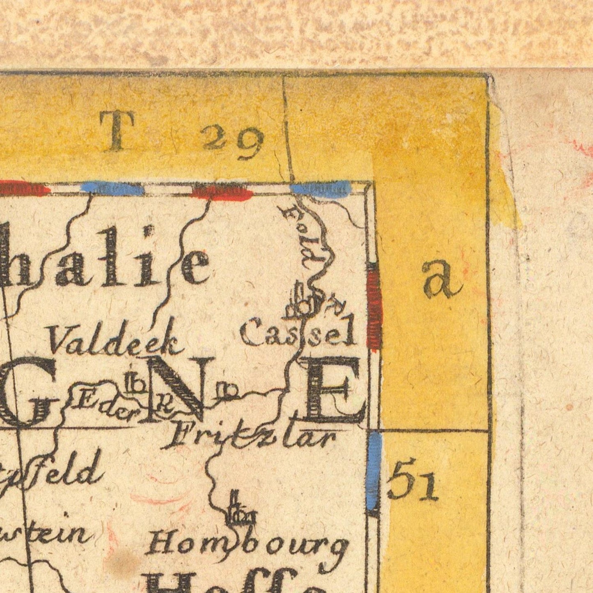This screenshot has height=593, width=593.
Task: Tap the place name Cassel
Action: [x=297, y=333]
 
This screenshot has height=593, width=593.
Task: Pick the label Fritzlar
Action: [x=252, y=438]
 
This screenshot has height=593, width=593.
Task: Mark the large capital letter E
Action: [x=334, y=390]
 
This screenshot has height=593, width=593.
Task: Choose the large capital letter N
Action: [x=179, y=388]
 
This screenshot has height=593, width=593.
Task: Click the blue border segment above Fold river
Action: [x=320, y=188]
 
